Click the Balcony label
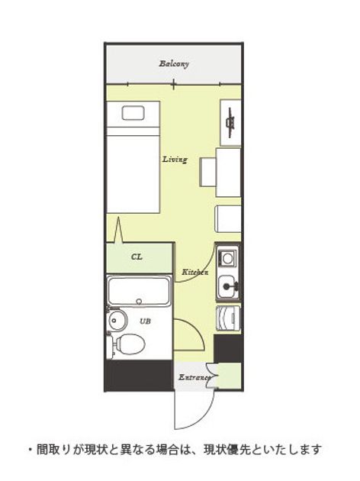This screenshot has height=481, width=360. [x=174, y=64]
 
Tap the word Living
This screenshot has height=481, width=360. [x=175, y=160]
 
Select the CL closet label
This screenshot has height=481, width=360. [x=137, y=257]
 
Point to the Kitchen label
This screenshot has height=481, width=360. [x=194, y=272]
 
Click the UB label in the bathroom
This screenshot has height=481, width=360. [x=145, y=321]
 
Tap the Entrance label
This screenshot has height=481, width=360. [x=194, y=377]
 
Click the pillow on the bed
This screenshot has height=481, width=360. [x=133, y=113]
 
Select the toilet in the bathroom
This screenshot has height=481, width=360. [x=127, y=344]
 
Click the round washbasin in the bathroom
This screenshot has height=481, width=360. [x=117, y=320]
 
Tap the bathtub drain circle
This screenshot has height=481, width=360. [x=139, y=301]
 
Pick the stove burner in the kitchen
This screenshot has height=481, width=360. [x=227, y=258]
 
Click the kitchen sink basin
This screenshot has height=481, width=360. [x=228, y=286]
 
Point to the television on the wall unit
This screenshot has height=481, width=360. [x=230, y=122]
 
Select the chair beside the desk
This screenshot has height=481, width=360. [x=207, y=172]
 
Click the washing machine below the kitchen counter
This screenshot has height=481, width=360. [x=228, y=318]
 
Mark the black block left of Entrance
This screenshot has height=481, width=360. [x=139, y=376]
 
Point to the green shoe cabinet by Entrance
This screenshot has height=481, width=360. [x=229, y=375]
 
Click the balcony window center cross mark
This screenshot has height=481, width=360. [x=173, y=84]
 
